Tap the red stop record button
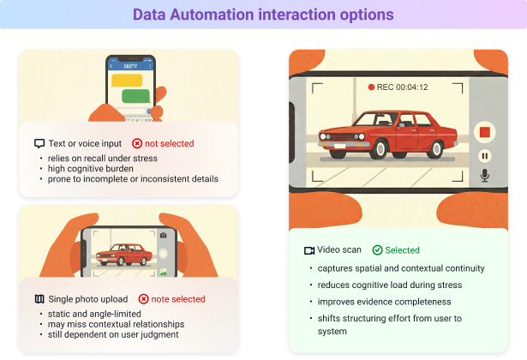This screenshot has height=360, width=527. [484, 132]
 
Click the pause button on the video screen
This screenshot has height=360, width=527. [484, 156]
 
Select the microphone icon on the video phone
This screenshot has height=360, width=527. [484, 176]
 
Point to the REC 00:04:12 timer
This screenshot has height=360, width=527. [398, 87]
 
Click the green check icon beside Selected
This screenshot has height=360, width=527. [377, 250]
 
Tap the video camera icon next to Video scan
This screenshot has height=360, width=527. [309, 250]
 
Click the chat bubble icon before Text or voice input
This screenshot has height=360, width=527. [39, 144]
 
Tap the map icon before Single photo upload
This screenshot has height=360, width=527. [39, 299]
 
